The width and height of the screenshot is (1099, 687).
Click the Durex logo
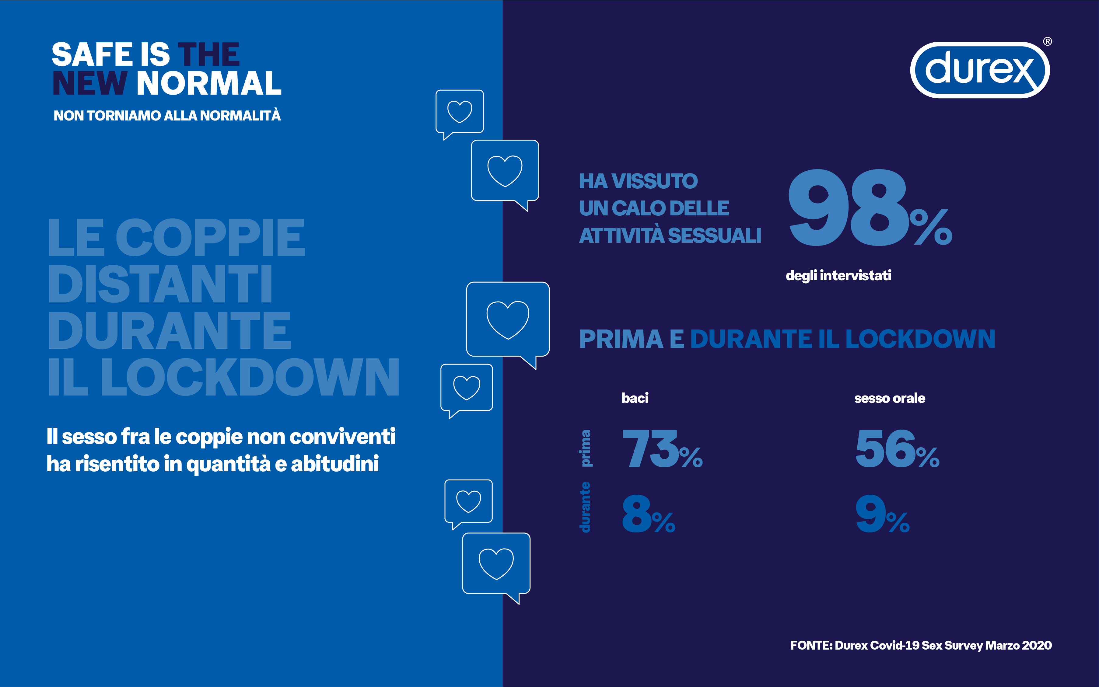coord(979,70)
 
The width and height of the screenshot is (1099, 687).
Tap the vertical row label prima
coord(586,448)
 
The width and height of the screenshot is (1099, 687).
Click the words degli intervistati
coord(838,275)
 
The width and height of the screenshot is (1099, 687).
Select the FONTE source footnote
coord(920,645)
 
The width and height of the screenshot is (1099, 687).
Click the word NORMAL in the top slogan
coord(208,84)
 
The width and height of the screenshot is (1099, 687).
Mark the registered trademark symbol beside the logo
coord(1047,42)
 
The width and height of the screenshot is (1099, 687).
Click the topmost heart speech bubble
coord(460,112)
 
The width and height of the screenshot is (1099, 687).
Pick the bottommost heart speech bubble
coord(496,565)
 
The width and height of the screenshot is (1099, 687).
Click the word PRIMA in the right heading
coord(621,339)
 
